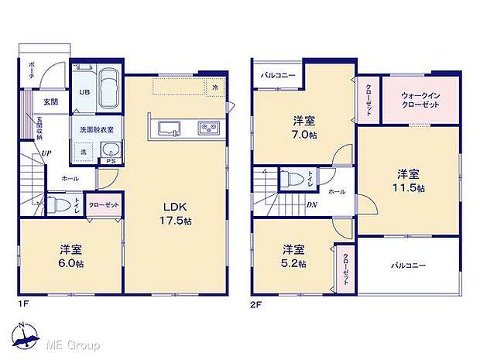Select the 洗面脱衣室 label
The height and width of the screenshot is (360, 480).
[x=93, y=129]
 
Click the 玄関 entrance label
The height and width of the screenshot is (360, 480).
[x=50, y=101]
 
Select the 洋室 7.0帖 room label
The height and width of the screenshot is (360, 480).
[x=304, y=126]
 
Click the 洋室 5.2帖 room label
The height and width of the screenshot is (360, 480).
[x=293, y=255]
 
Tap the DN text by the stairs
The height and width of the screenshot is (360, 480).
[x=311, y=205]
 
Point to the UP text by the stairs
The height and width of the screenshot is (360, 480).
[x=46, y=153]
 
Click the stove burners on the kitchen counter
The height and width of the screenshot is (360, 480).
[x=210, y=127]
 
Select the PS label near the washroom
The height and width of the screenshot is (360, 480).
[x=111, y=161]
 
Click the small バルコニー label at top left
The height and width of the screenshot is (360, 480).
[x=276, y=75]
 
